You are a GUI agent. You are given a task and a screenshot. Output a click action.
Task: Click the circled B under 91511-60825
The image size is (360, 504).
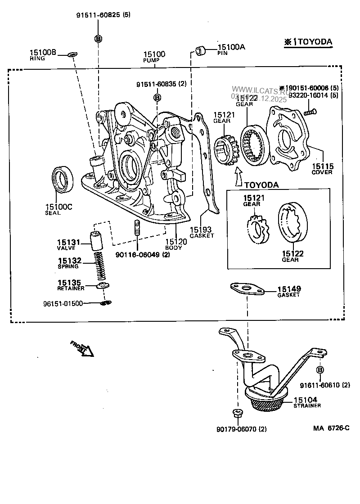98,39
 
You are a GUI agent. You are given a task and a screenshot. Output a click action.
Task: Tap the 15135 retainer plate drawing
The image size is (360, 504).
103,285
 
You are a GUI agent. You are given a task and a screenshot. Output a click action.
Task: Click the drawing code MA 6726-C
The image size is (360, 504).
331,428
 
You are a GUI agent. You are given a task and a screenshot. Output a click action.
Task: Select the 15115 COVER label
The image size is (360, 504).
322,168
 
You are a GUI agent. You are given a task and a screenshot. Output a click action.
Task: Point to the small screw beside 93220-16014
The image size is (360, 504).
309,111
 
